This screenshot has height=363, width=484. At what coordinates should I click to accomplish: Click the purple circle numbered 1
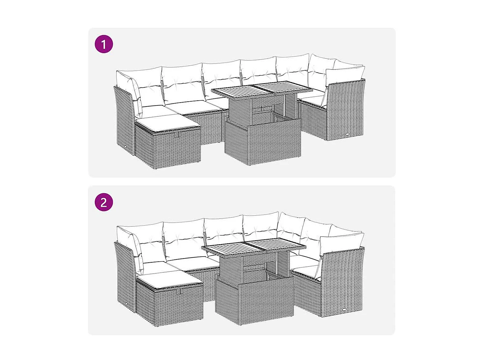pos(104,44)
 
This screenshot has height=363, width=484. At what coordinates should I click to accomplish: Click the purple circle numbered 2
pos(104,202)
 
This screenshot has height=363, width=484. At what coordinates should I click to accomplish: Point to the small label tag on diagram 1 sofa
pos(348,134)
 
